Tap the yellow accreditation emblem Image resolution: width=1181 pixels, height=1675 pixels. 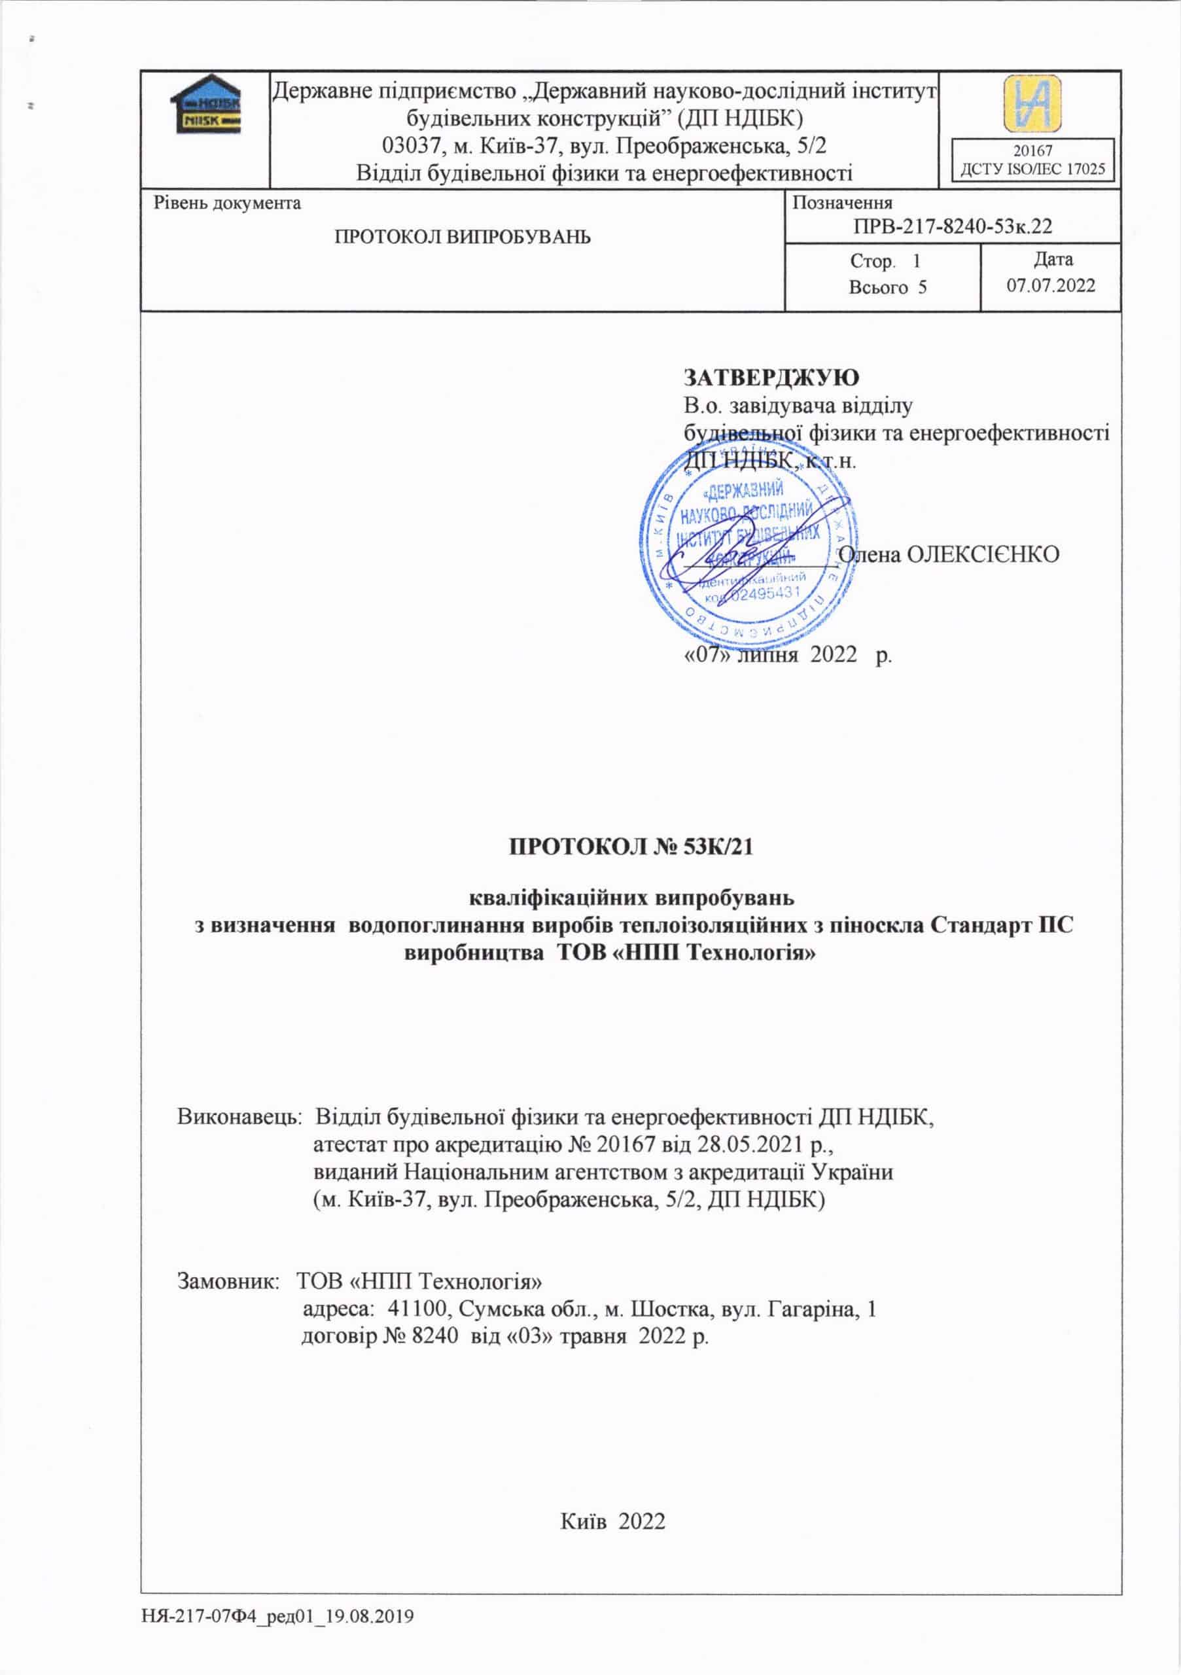(1032, 103)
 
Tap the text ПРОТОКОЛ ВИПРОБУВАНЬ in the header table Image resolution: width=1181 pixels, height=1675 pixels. (462, 237)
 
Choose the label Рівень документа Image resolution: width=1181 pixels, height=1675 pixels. (227, 203)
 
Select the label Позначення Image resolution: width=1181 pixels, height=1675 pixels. (842, 203)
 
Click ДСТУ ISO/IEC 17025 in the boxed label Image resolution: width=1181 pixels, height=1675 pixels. (1032, 170)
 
